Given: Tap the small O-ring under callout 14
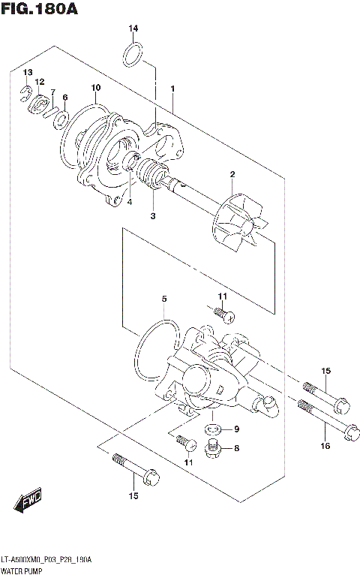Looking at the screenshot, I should (133, 53).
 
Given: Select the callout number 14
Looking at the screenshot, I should (133, 29).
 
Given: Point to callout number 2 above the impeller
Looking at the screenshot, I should (232, 175).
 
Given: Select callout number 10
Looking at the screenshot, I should (95, 89).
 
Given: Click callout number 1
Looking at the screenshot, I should (172, 89).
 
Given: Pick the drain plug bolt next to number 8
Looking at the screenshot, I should (213, 450).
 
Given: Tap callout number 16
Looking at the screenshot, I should (325, 447).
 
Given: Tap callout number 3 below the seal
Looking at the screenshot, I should (152, 216).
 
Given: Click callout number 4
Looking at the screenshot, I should (129, 201).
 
